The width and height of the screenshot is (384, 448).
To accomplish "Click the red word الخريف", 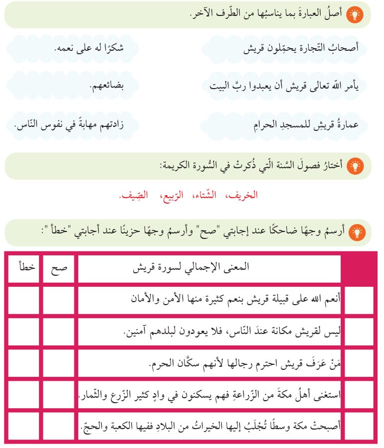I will tap(242, 195).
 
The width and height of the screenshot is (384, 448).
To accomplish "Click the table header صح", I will tap(59, 269).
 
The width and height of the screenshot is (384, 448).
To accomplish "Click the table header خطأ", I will tap(23, 269).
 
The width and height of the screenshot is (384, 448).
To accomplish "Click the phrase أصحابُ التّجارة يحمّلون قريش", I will tap(301, 49).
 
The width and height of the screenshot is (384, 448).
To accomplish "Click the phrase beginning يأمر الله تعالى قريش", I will tap(284, 86).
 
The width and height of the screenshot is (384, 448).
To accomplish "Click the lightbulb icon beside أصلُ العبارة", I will tap(355, 15).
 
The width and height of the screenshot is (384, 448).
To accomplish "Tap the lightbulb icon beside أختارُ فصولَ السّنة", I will tap(355, 166).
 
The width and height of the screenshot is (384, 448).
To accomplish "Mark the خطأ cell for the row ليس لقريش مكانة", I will tap(23, 332).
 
